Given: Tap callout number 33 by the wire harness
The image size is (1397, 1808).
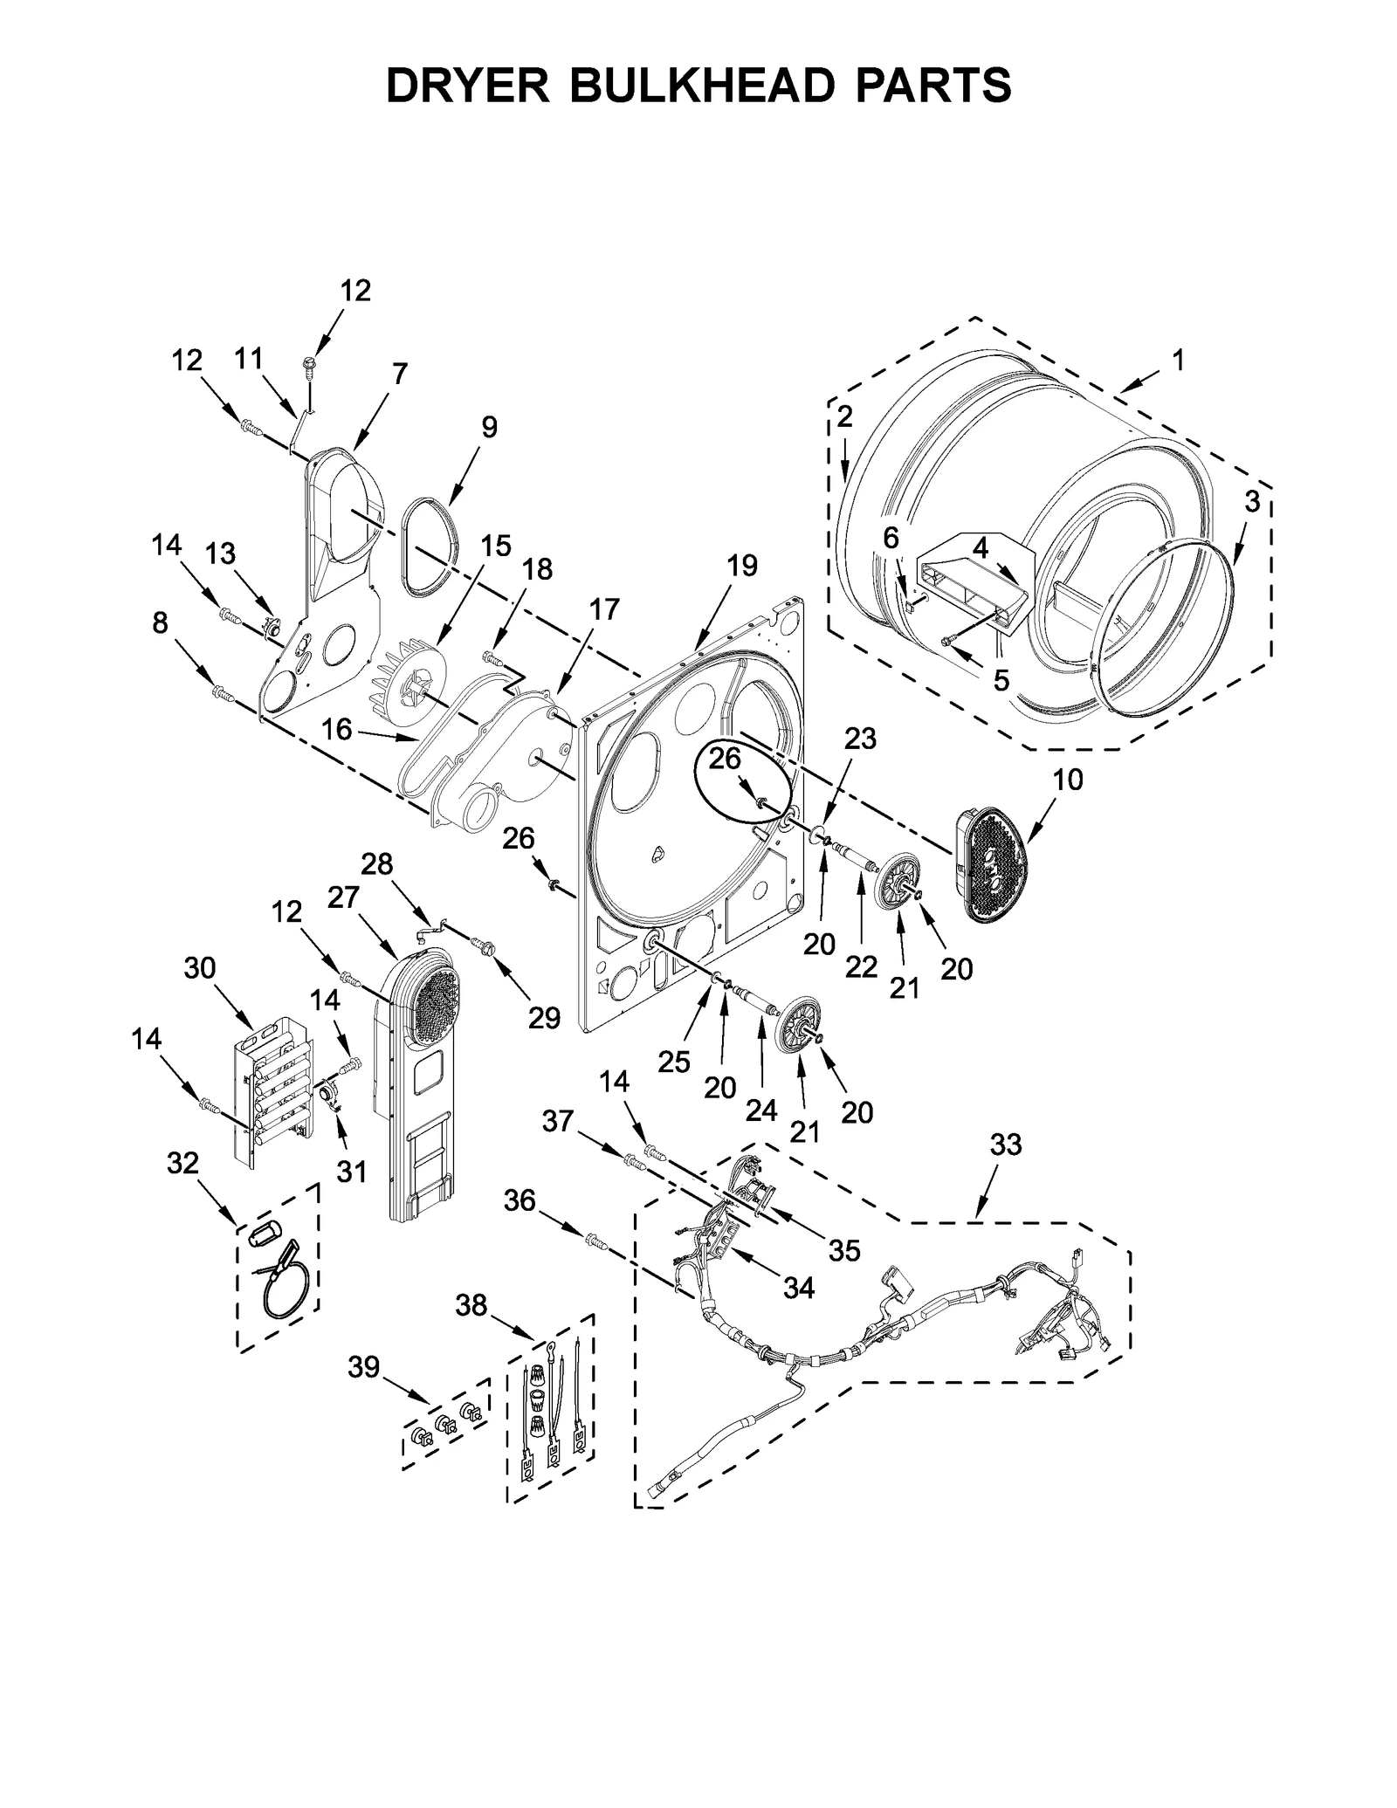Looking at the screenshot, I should coord(1005,1144).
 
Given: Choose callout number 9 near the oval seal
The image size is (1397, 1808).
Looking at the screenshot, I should coord(488,427).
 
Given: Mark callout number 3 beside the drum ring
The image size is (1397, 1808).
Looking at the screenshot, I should coord(1252,501).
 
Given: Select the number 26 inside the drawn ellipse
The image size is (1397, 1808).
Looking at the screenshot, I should coord(724,759).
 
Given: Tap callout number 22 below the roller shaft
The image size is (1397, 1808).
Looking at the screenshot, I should coord(861,966).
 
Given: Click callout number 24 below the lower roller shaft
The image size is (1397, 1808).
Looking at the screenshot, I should coord(761,1110).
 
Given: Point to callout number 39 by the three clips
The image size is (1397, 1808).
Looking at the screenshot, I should coord(363,1366).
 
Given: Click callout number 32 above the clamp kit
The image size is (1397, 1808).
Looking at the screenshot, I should coord(182,1163).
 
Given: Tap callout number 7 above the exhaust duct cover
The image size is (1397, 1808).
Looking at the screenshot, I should coord(399,374).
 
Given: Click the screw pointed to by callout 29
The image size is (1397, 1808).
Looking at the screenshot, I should coord(482,944).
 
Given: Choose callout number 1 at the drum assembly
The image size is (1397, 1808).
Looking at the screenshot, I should coord(1178,360).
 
